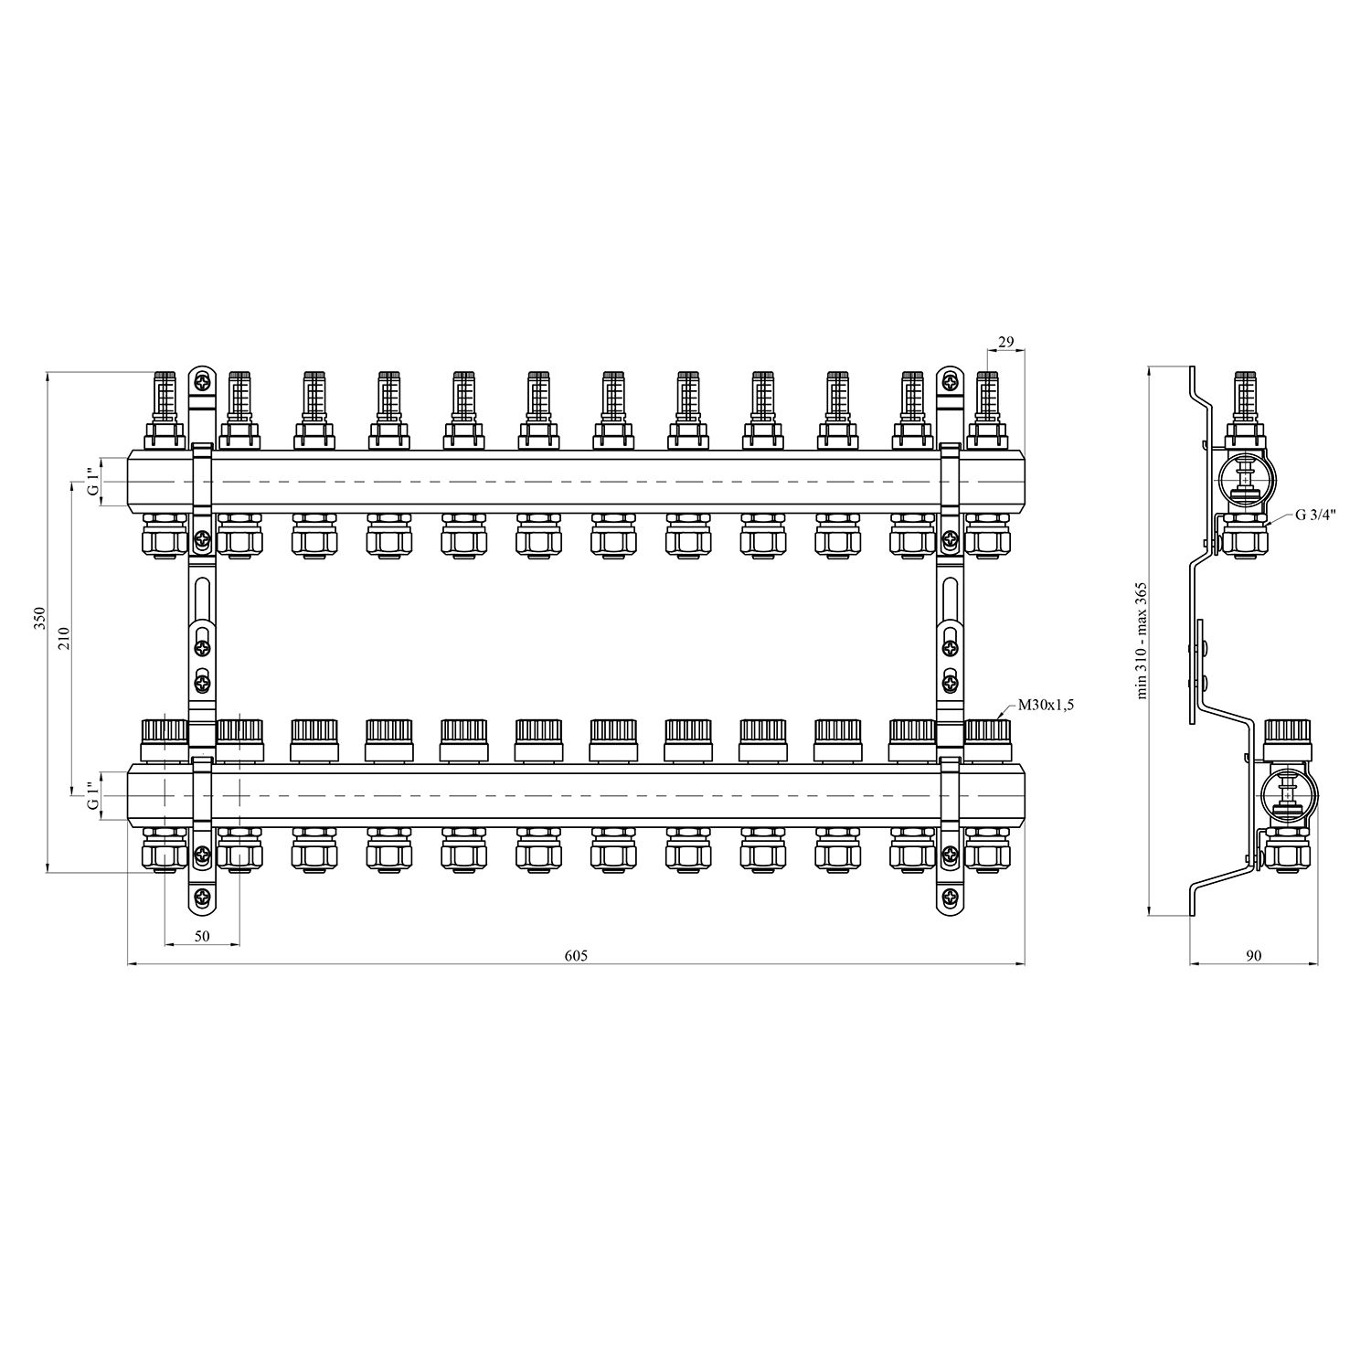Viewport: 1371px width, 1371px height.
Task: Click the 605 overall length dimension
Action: click(x=575, y=955)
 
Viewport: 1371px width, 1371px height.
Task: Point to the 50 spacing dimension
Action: click(x=202, y=936)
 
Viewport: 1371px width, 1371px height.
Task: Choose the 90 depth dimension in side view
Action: click(x=1253, y=955)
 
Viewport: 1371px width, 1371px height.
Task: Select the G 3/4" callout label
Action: click(x=1315, y=515)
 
